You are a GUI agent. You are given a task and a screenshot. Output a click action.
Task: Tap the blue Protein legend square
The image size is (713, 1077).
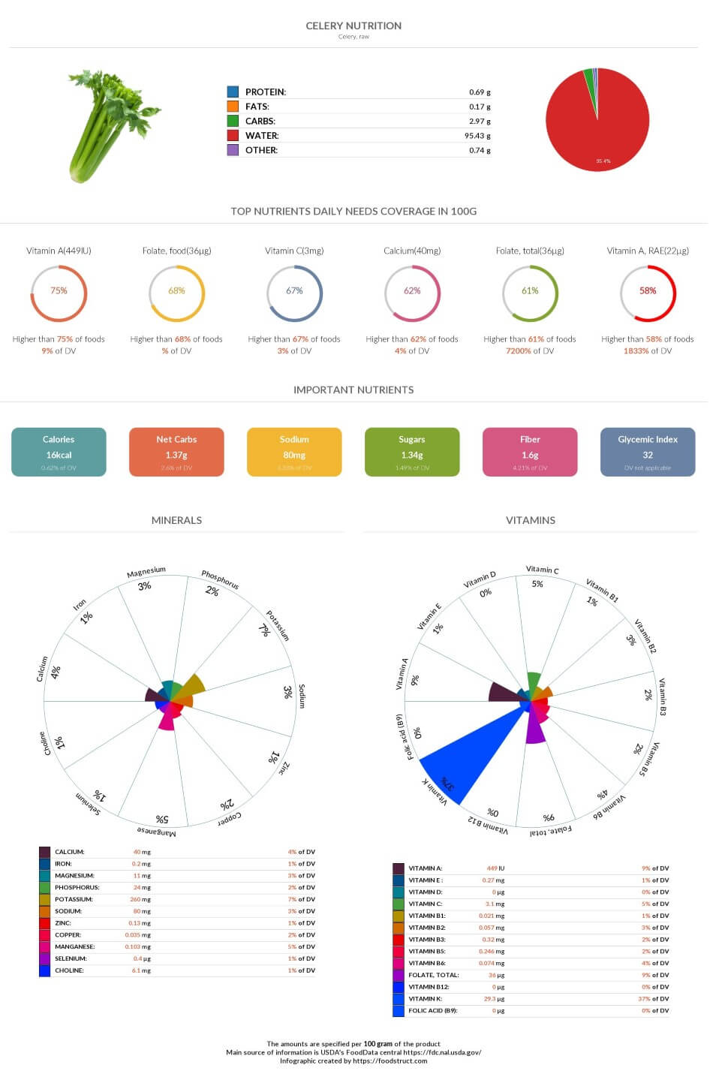[x=233, y=92]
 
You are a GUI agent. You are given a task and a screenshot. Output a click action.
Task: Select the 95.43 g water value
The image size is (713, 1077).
[x=477, y=136]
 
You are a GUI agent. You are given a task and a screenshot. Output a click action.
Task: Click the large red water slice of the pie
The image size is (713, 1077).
[x=600, y=128]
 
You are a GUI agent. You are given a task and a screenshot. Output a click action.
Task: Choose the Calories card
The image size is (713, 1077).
[x=59, y=452]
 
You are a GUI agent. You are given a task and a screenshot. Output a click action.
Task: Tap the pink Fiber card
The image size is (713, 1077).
[x=530, y=452]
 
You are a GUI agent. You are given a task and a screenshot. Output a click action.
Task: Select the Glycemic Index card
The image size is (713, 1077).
[x=648, y=452]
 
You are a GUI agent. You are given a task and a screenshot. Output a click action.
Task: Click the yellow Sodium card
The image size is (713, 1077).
[x=294, y=452]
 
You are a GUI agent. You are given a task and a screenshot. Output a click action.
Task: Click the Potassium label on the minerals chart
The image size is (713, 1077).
[x=277, y=624]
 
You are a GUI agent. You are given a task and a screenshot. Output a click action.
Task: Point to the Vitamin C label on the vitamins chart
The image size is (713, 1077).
[x=542, y=570]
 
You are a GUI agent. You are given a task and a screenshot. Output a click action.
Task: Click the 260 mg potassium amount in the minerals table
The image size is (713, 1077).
[x=140, y=899]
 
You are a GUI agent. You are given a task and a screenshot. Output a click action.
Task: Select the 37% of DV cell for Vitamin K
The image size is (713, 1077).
[x=654, y=999]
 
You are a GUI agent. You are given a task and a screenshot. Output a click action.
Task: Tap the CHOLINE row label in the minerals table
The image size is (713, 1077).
[x=69, y=970]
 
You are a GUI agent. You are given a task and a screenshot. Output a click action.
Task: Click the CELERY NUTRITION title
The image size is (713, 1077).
[x=353, y=26]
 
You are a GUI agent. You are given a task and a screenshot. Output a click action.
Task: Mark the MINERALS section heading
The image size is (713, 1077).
[x=176, y=520]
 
